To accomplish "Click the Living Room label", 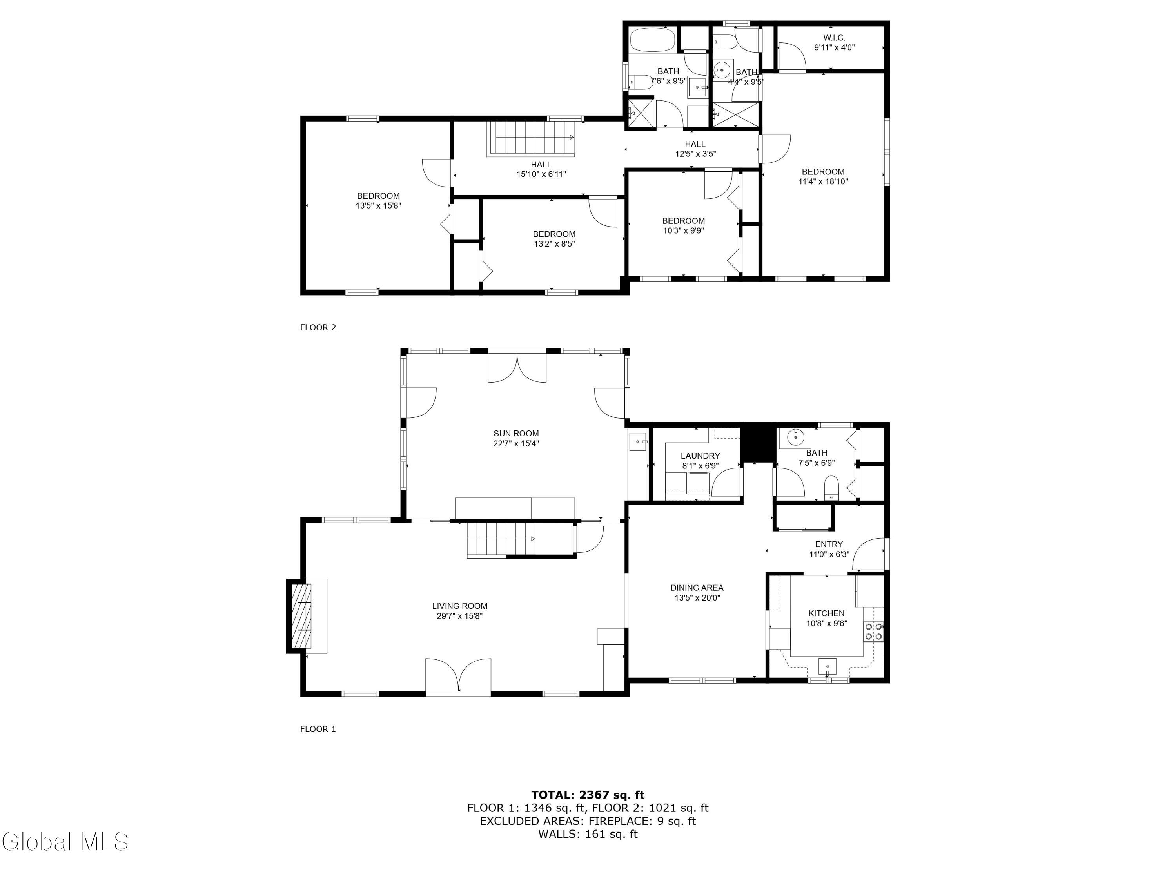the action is point(459,606).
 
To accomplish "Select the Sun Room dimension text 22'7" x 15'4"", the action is point(516,443).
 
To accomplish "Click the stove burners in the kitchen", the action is point(873,631).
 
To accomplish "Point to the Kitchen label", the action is point(826,613).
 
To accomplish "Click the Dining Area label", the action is point(697,588).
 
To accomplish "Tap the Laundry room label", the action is point(700,456).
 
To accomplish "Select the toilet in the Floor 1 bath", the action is point(831,488).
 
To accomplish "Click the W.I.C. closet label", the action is point(834,38).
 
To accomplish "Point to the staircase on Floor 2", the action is point(531,138).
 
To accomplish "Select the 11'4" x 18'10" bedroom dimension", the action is point(823,181).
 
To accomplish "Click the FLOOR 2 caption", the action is point(318,327).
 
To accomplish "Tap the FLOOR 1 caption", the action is point(318,729).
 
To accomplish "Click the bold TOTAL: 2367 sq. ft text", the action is point(588,795).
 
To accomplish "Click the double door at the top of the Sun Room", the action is point(517,367).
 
